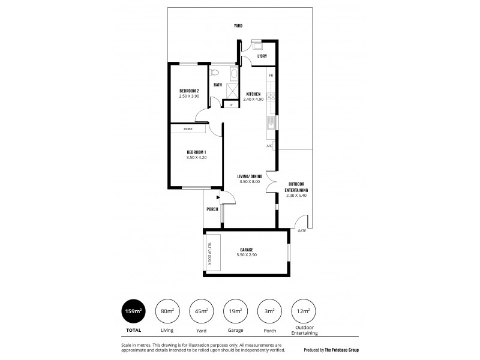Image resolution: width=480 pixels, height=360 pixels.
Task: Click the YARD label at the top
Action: tap(238, 26)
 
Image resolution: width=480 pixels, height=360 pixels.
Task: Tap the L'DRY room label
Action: tap(262, 56)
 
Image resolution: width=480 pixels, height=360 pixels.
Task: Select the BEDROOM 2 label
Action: tap(188, 91)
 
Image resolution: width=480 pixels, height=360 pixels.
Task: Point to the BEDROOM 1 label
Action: tap(196, 152)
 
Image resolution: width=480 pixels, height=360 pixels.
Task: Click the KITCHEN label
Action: tap(253, 95)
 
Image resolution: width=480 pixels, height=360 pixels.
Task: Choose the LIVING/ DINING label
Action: tap(249, 176)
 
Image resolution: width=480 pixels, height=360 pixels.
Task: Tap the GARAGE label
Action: tap(247, 249)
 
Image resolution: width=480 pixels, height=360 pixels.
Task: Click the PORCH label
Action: tap(212, 209)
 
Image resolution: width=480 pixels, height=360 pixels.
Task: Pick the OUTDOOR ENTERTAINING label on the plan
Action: tap(297, 187)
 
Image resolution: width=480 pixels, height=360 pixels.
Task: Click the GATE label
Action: tap(301, 230)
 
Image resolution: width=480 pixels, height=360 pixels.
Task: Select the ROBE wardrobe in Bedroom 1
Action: tap(188, 129)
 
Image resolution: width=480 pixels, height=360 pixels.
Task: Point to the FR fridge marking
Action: tap(271, 76)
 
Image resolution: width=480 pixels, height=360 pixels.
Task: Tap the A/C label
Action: tap(269, 146)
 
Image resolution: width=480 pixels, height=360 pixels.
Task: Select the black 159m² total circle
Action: tap(134, 311)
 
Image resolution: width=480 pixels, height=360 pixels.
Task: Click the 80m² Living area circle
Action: tap(167, 311)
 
